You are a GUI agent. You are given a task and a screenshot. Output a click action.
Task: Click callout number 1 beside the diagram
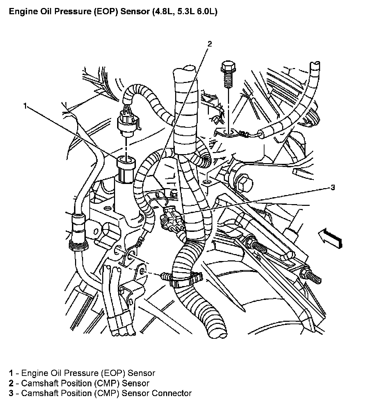(x=25, y=106)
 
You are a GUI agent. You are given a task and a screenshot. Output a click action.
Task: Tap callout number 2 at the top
(x=210, y=44)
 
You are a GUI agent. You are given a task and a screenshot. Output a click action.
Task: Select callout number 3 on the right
(x=333, y=187)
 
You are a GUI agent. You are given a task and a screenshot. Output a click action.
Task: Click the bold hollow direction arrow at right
(x=330, y=237)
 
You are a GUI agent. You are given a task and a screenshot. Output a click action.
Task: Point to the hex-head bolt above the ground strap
(x=228, y=74)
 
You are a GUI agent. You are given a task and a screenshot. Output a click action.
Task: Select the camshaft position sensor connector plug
(x=171, y=218)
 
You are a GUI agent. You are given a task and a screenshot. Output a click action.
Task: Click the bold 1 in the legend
(x=11, y=373)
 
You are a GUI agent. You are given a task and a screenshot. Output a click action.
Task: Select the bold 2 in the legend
(x=11, y=383)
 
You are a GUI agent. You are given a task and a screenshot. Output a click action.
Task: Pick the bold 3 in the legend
(x=11, y=393)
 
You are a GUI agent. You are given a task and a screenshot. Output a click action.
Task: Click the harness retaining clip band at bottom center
(x=186, y=280)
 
